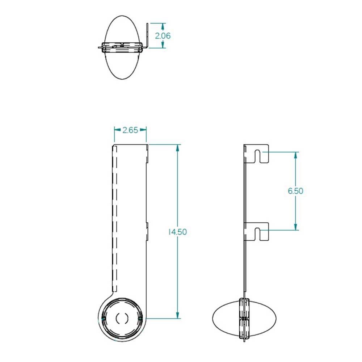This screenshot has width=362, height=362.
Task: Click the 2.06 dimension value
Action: click(163, 36)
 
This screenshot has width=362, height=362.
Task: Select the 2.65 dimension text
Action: click(130, 130)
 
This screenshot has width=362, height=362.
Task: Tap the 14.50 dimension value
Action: click(177, 232)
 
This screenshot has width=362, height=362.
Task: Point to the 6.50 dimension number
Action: click(295, 191)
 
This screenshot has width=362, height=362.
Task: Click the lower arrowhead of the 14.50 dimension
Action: click(177, 316)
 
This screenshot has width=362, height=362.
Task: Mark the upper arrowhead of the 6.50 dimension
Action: click(296, 155)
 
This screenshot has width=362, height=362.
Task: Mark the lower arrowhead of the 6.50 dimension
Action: click(296, 227)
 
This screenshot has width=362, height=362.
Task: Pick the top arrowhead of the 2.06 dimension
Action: click(163, 26)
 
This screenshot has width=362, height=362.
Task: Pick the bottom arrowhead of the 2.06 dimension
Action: click(163, 45)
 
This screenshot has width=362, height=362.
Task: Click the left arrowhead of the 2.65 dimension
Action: click(117, 130)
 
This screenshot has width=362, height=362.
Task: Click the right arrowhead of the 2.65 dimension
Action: click(144, 130)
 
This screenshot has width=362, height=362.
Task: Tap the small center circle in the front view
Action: click(122, 318)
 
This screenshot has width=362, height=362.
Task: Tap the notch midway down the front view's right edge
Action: click(147, 232)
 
